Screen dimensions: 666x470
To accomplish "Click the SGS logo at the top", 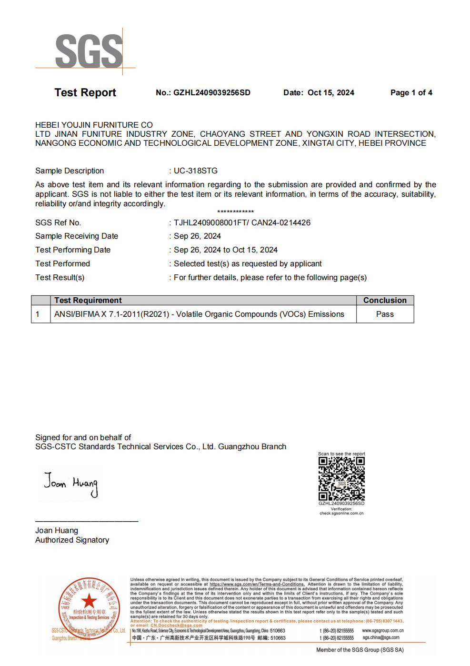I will (89, 51).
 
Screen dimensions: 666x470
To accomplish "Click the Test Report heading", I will (85, 92).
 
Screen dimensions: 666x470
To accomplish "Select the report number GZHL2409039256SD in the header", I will (211, 92).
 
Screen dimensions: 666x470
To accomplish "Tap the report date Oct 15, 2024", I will (331, 92).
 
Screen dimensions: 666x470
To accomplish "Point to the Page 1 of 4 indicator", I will (411, 92).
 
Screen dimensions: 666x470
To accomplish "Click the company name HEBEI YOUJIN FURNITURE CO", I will (94, 125).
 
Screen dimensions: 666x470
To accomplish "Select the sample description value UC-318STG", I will (195, 171).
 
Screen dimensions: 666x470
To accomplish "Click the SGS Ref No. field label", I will (58, 222).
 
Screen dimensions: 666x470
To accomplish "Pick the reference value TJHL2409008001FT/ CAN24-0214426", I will (242, 222).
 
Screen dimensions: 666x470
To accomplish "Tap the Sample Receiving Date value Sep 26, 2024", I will (197, 236).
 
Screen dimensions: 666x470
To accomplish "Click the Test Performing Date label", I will (73, 250).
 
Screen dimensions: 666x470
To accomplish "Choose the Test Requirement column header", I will (88, 300).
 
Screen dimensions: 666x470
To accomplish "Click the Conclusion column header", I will (385, 300).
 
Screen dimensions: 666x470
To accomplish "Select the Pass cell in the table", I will (385, 314).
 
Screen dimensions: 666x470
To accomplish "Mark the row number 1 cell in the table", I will (38, 314).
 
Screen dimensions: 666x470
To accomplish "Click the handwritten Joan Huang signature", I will (71, 484).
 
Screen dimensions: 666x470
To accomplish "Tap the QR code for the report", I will (341, 478).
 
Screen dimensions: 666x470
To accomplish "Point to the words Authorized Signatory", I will (72, 540).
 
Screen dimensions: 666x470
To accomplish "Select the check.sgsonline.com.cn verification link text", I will (341, 513).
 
